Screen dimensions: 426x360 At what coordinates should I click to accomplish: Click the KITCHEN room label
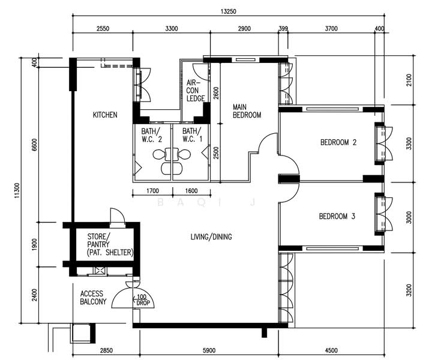point(105,115)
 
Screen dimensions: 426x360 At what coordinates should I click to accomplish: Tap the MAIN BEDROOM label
point(247,111)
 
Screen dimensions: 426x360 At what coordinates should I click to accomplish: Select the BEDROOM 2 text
point(338,142)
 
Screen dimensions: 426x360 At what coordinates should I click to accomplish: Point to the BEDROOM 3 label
point(337,216)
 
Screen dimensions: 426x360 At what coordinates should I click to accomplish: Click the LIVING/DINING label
point(211,237)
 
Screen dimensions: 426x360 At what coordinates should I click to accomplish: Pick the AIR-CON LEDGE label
point(196,91)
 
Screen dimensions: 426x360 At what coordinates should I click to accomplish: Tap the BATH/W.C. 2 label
point(151,136)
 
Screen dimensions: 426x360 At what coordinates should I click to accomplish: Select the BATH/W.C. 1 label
point(193,136)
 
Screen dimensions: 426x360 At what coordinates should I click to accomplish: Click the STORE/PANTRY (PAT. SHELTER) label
point(110,245)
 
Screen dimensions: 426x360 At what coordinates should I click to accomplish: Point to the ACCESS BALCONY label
point(93,298)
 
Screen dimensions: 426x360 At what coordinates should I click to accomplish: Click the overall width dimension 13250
point(228,11)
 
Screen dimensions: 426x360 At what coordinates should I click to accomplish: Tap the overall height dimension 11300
point(17,190)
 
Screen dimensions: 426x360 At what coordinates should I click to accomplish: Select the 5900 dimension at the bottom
point(209,350)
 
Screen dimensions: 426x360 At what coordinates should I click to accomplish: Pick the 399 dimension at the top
point(283,29)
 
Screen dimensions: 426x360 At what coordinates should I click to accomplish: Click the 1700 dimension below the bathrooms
point(152,191)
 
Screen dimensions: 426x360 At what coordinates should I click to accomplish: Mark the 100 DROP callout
point(142,300)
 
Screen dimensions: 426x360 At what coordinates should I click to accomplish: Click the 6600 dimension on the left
point(34,145)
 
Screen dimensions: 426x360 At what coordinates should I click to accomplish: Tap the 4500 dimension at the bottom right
point(331,350)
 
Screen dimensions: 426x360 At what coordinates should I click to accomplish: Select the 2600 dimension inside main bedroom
point(216,93)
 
